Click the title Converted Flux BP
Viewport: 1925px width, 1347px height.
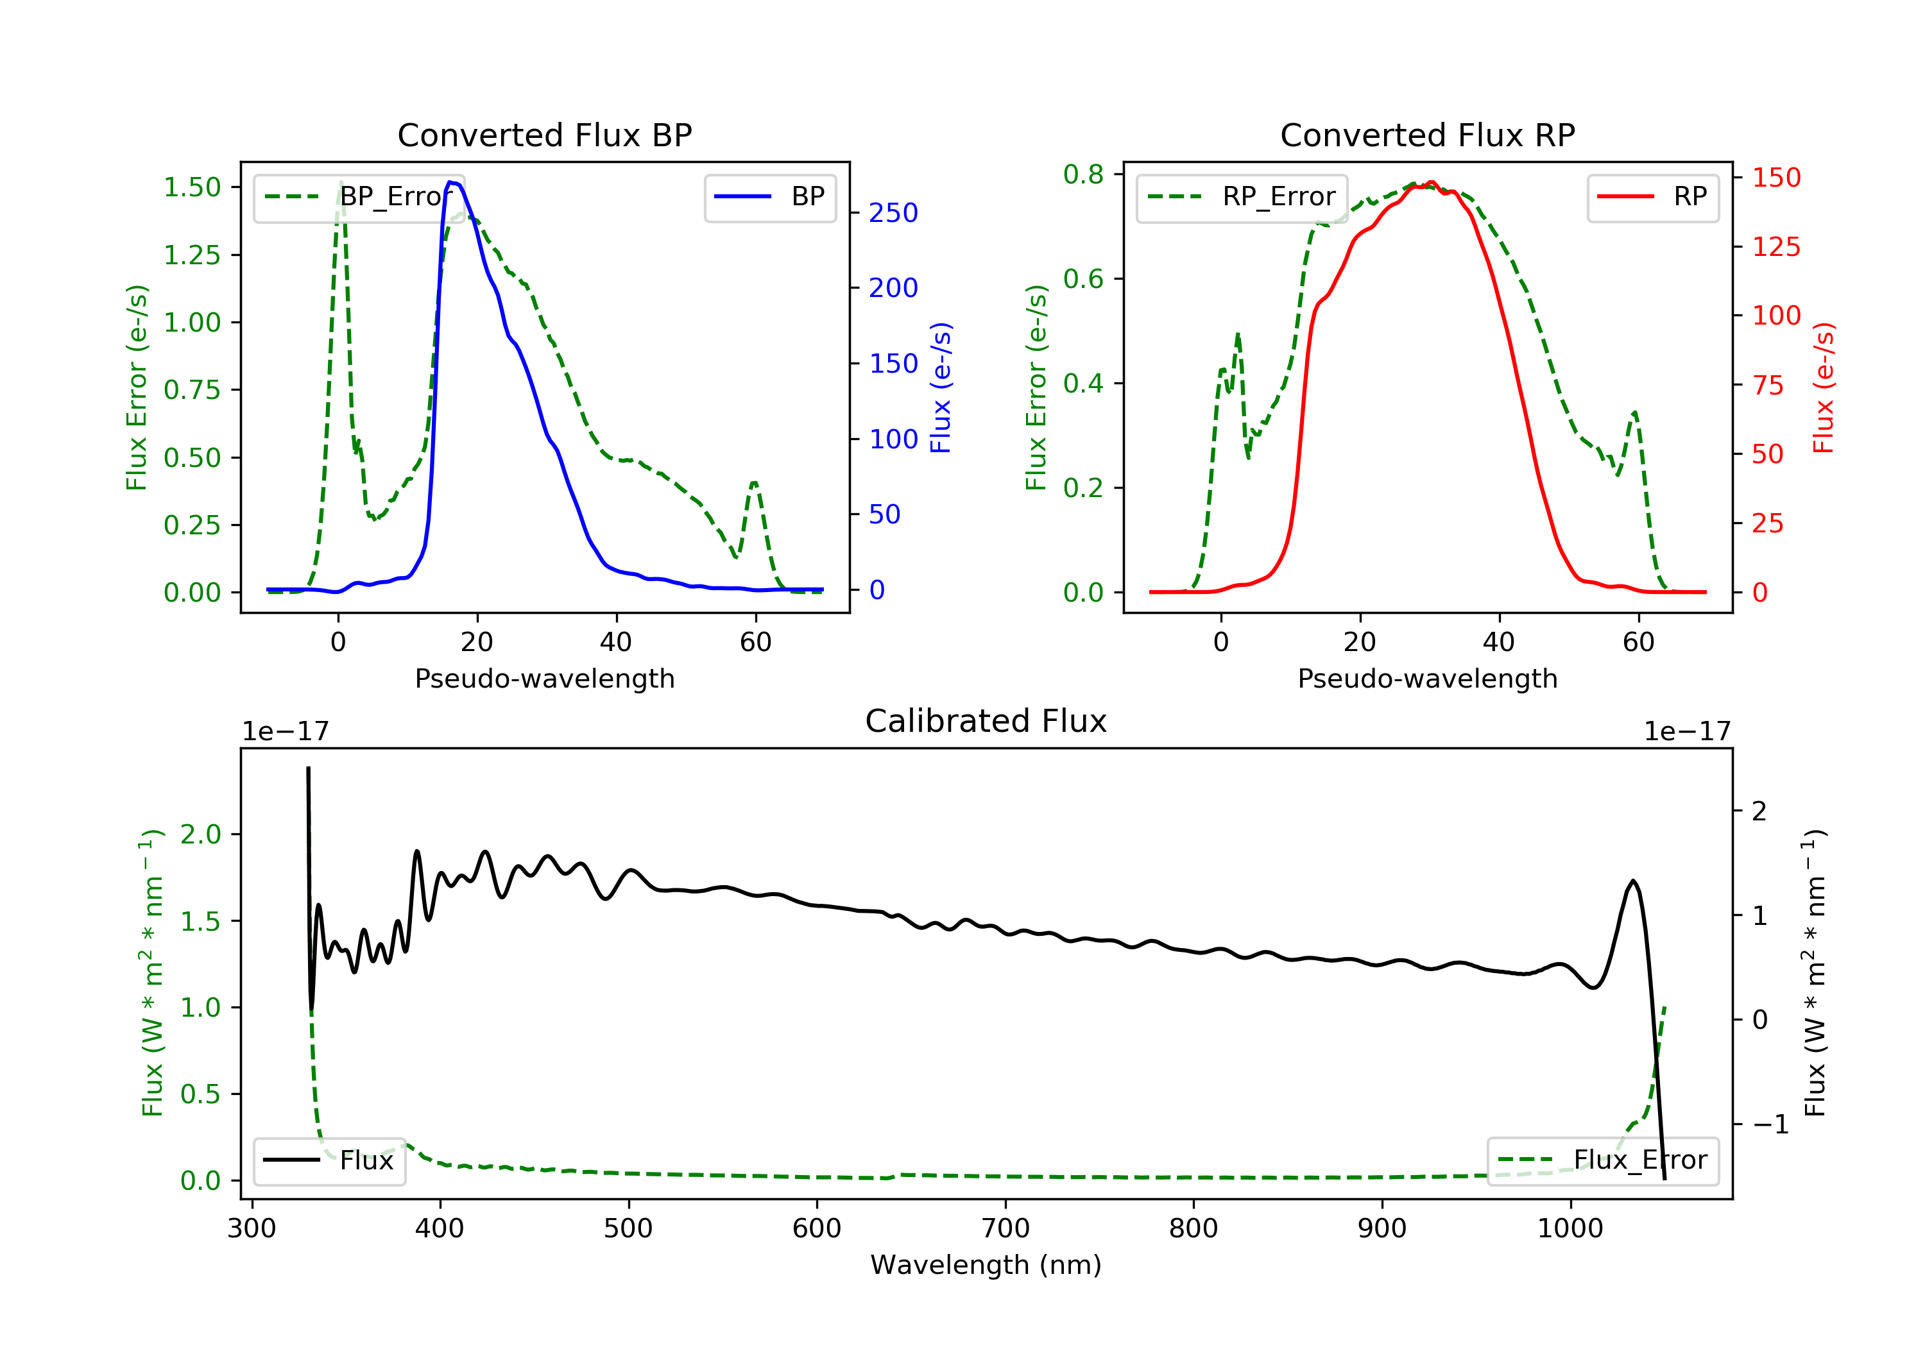tap(544, 135)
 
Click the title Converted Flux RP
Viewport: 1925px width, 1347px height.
tap(1427, 135)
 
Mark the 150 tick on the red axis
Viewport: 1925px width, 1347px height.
tap(1775, 178)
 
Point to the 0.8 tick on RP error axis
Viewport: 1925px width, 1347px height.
tap(1083, 174)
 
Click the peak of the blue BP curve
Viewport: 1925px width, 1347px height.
tap(451, 182)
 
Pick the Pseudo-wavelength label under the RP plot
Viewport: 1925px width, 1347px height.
tap(1427, 678)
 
